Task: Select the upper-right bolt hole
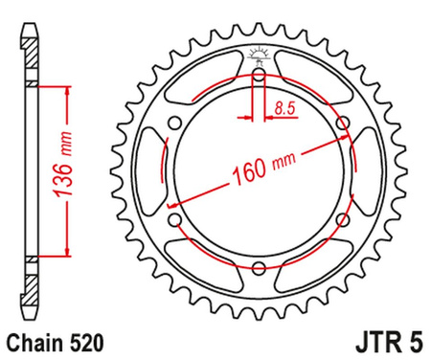point(344,123)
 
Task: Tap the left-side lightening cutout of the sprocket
point(154,171)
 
